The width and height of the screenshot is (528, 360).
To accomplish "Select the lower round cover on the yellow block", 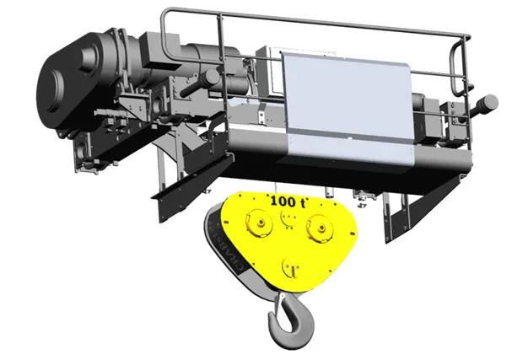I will [291, 268].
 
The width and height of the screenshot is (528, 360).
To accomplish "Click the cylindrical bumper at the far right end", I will [488, 102].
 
